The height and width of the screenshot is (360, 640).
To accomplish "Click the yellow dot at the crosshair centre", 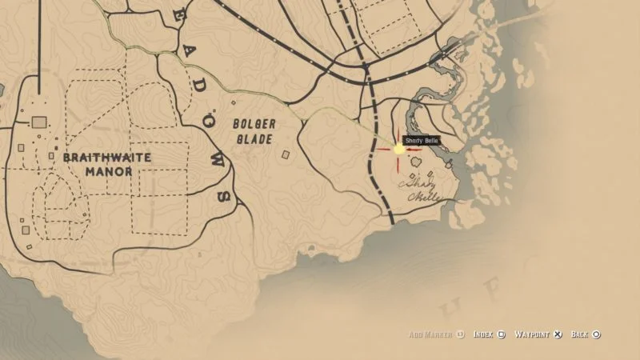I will pos(398,149).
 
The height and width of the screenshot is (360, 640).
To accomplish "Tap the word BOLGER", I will pos(254,125).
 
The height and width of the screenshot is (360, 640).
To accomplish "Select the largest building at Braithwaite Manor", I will pos(39,122).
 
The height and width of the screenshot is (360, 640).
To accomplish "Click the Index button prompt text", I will pos(483,334).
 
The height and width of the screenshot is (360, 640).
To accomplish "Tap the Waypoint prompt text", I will pos(532,334).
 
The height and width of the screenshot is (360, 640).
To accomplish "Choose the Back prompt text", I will pos(580,334).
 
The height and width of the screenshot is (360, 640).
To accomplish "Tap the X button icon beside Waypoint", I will pos(558,334).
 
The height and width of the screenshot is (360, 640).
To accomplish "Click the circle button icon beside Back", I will pos(597,334).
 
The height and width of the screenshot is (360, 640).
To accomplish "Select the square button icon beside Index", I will pos(501,334).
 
